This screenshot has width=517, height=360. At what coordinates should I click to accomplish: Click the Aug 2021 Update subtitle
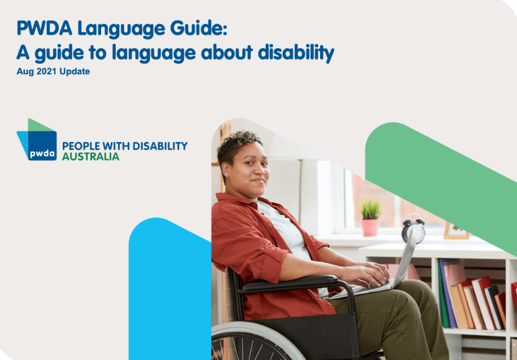click(x=53, y=71)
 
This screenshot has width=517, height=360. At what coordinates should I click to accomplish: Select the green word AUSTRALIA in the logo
click(x=91, y=157)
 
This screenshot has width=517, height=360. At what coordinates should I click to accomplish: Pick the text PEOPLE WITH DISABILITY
click(x=124, y=146)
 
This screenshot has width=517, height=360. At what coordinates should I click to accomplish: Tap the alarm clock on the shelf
click(x=413, y=229)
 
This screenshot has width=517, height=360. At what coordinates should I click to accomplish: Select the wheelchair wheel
click(x=256, y=344)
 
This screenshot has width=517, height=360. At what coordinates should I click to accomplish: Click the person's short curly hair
click(x=240, y=141)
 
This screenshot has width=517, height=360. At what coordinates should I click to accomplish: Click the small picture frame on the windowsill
click(x=456, y=230)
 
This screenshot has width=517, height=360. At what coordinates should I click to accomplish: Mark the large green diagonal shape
click(x=439, y=177)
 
